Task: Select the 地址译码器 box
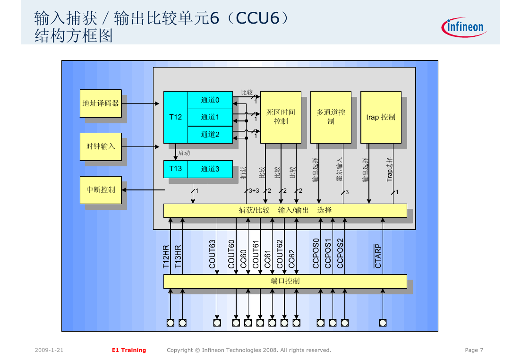pyautogui.click(x=101, y=103)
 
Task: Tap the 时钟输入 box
pyautogui.click(x=101, y=146)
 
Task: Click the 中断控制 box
pyautogui.click(x=101, y=190)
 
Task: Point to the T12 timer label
pyautogui.click(x=175, y=117)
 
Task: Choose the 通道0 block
pyautogui.click(x=210, y=100)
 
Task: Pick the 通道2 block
pyautogui.click(x=210, y=135)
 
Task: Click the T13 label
pyautogui.click(x=175, y=169)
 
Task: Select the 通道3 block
pyautogui.click(x=210, y=169)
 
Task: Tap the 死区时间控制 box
pyautogui.click(x=281, y=117)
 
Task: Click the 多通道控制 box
pyautogui.click(x=331, y=117)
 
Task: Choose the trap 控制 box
pyautogui.click(x=381, y=117)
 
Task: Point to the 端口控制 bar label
pyautogui.click(x=285, y=281)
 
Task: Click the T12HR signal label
pyautogui.click(x=166, y=257)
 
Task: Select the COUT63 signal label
pyautogui.click(x=213, y=254)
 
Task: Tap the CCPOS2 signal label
pyautogui.click(x=340, y=253)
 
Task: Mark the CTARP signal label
pyautogui.click(x=378, y=256)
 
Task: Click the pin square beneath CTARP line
pyautogui.click(x=383, y=323)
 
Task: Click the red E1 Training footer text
pyautogui.click(x=129, y=350)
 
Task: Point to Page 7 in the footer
pyautogui.click(x=474, y=350)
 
